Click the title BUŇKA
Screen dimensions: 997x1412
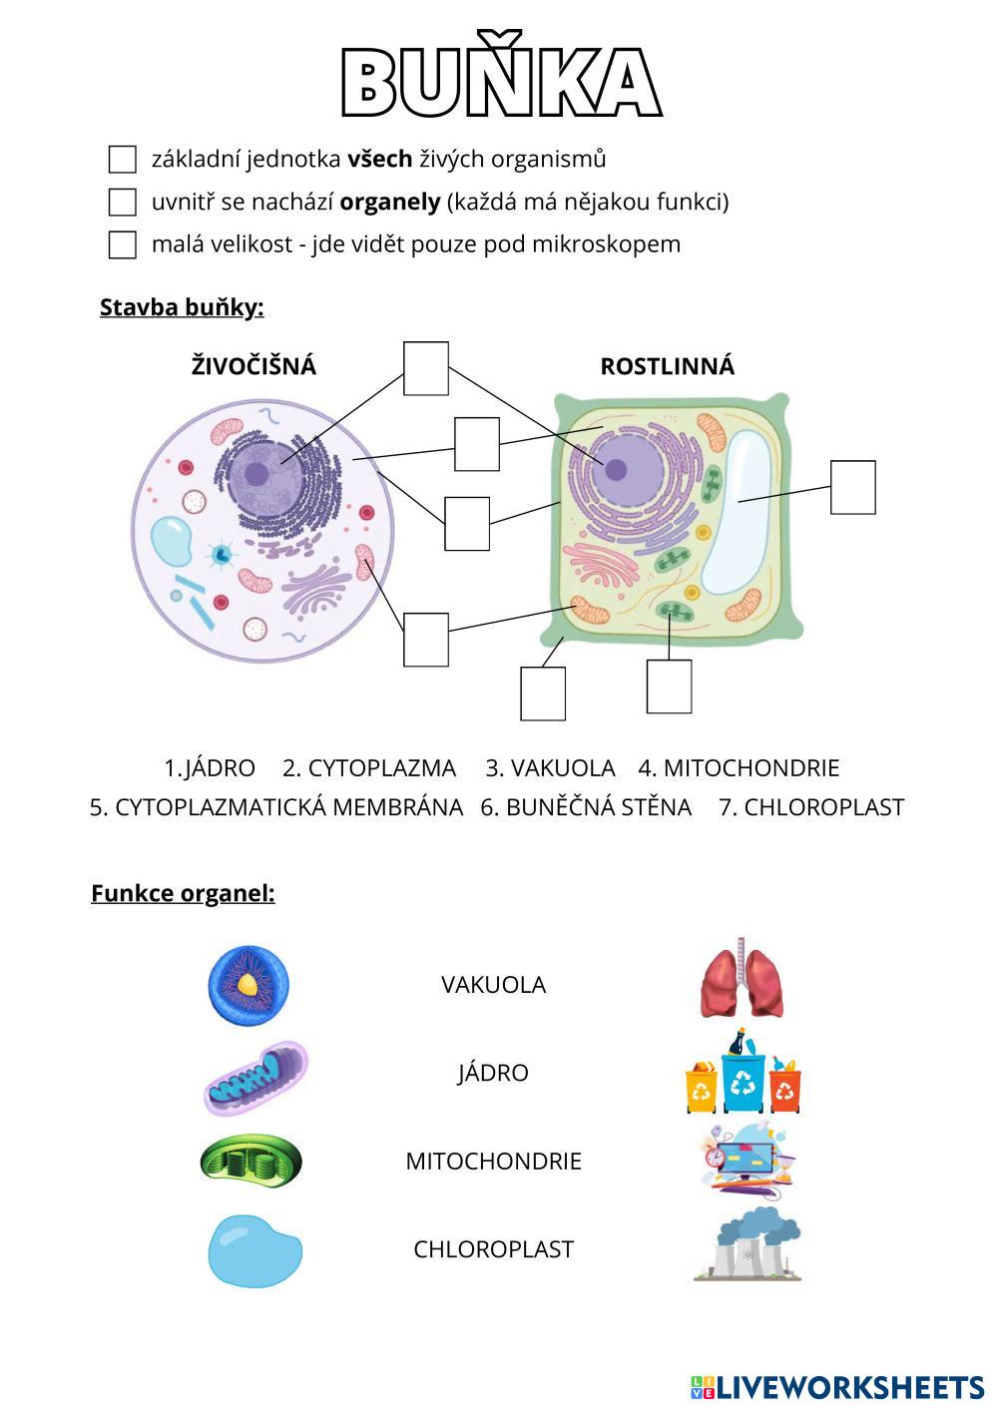501,82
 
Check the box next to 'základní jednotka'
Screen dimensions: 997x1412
122,159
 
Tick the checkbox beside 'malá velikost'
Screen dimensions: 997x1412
122,244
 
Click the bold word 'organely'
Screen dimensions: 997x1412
389,202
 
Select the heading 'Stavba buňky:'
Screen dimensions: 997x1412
182,307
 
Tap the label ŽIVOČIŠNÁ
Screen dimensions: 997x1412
253,366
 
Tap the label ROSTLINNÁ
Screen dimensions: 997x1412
667,366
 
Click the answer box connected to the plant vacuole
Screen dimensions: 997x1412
852,487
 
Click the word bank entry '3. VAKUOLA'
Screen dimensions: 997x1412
550,768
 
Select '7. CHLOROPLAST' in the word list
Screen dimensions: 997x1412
811,807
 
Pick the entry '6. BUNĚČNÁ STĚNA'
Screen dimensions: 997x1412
586,807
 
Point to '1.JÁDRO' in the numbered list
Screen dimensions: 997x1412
210,768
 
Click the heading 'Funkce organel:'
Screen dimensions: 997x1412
183,893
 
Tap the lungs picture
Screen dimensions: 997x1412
742,981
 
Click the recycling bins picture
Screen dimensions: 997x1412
744,1074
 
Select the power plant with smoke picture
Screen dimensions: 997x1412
747,1244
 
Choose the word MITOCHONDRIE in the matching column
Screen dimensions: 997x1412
493,1162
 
